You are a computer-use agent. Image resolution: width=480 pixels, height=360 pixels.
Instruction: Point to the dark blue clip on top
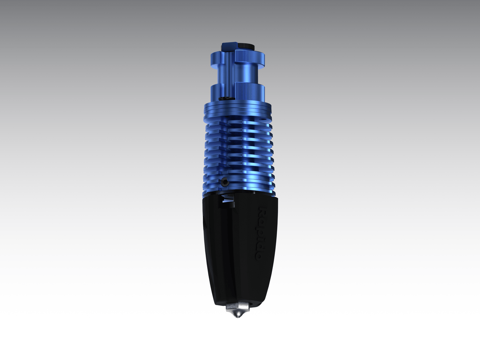pyautogui.click(x=229, y=47)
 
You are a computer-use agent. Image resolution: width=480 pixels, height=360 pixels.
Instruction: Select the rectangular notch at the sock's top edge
pyautogui.click(x=228, y=202)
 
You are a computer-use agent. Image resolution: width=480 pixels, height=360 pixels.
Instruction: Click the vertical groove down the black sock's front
pyautogui.click(x=229, y=252)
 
